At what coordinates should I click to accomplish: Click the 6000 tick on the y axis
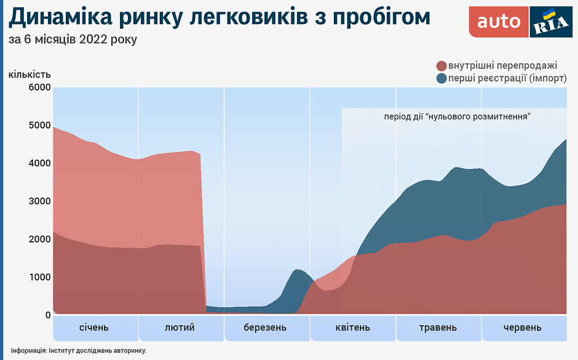pos(39,87)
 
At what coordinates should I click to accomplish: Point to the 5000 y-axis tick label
pos(39,126)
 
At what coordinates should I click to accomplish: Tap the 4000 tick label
pos(39,164)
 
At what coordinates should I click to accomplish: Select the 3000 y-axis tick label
pos(39,201)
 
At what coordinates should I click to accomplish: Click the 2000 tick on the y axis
pos(39,239)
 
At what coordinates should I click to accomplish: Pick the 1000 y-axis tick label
pos(39,278)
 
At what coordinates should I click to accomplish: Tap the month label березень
pos(265,327)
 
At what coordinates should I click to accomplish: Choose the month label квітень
pos(353,327)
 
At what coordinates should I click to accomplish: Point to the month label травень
pos(438,327)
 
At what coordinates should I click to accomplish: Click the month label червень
pos(523,327)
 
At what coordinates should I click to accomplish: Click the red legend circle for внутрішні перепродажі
pos(441,66)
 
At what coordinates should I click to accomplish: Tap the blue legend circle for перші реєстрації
pos(441,79)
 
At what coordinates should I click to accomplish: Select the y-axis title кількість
pos(30,74)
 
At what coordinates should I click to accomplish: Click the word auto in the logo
pos(499,22)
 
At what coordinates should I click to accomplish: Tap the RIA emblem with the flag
pos(547,23)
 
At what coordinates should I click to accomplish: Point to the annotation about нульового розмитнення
pos(457,116)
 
